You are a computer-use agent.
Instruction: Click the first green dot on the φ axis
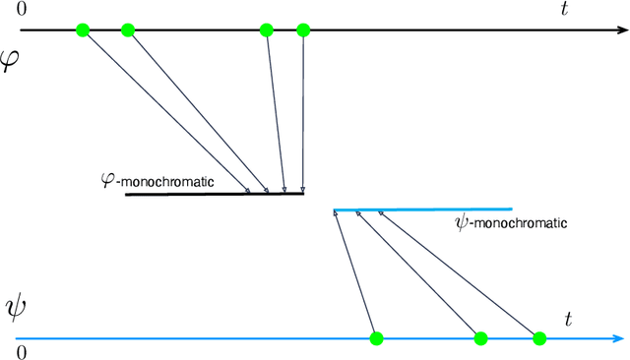[83, 30]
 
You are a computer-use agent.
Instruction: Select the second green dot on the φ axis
[127, 30]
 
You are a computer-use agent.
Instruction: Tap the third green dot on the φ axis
[266, 30]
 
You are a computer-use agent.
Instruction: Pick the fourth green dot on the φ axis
[302, 30]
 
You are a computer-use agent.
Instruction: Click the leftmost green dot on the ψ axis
[375, 338]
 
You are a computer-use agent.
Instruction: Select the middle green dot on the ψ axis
[480, 338]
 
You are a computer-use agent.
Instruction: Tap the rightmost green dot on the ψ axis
[538, 338]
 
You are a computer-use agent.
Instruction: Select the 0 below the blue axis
[21, 351]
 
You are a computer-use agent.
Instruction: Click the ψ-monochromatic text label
[511, 223]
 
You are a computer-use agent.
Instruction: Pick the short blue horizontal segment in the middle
[422, 210]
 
